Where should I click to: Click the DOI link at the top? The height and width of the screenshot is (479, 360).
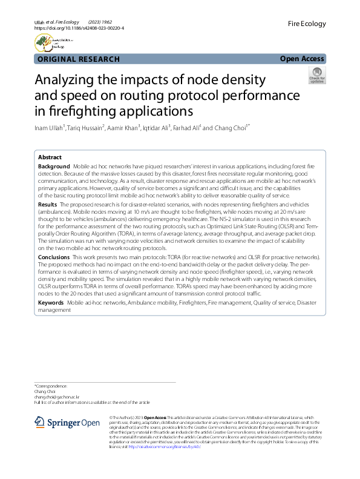[x=79, y=28]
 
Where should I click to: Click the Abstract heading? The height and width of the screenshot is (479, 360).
[x=50, y=157]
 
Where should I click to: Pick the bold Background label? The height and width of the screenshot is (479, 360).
[x=54, y=166]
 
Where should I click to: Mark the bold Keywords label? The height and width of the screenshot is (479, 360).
[x=51, y=302]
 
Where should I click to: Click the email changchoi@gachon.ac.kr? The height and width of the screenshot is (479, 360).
[x=58, y=397]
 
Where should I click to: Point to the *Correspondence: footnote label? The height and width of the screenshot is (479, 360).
[x=50, y=386]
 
